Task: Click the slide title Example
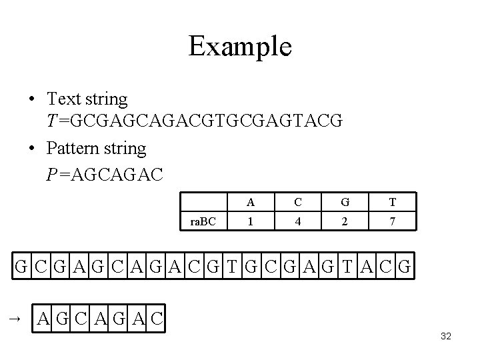coord(240,47)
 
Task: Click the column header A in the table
coord(249,203)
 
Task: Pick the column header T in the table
coord(393,203)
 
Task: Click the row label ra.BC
coord(203,221)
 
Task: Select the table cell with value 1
coord(249,221)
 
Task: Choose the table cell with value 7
coord(393,221)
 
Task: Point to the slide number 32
coord(446,337)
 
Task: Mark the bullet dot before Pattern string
coord(31,147)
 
